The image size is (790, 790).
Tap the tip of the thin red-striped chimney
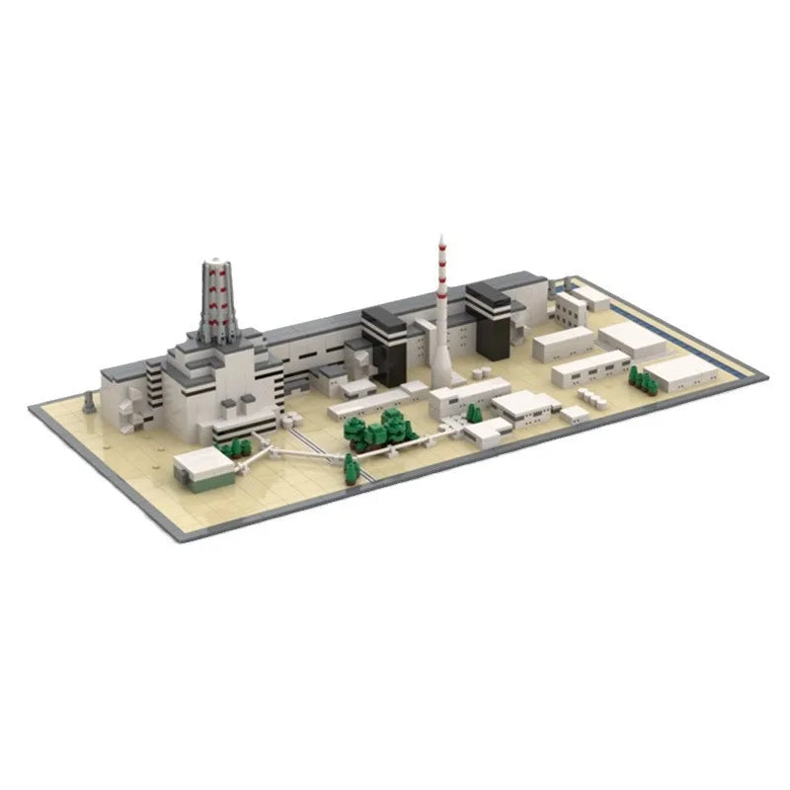(x=440, y=238)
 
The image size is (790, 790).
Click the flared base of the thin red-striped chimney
(x=441, y=372)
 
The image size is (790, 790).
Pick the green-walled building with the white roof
(x=205, y=468)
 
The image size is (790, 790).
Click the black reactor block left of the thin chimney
(x=384, y=346)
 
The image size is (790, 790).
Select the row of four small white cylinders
(x=591, y=397)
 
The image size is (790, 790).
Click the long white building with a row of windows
(x=590, y=368)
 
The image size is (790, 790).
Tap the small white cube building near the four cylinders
(x=574, y=414)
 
